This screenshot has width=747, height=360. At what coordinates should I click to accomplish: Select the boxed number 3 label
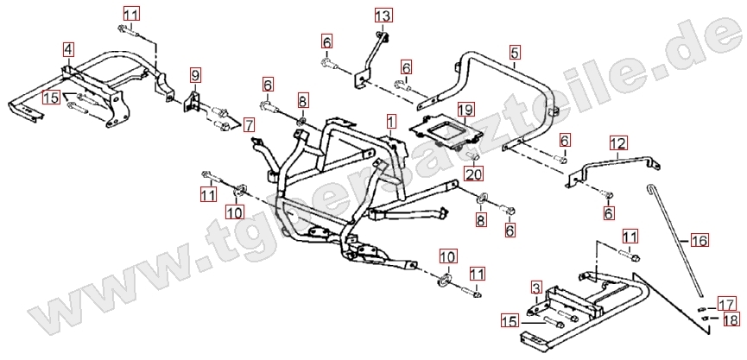click(536, 287)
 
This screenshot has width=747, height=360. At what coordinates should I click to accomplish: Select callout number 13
click(383, 15)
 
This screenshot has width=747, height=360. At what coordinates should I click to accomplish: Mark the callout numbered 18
click(731, 320)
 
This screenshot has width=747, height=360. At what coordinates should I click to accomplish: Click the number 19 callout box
click(465, 110)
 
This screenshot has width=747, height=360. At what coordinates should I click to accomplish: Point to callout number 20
click(473, 174)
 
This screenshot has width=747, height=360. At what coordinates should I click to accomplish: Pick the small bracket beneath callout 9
click(192, 103)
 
